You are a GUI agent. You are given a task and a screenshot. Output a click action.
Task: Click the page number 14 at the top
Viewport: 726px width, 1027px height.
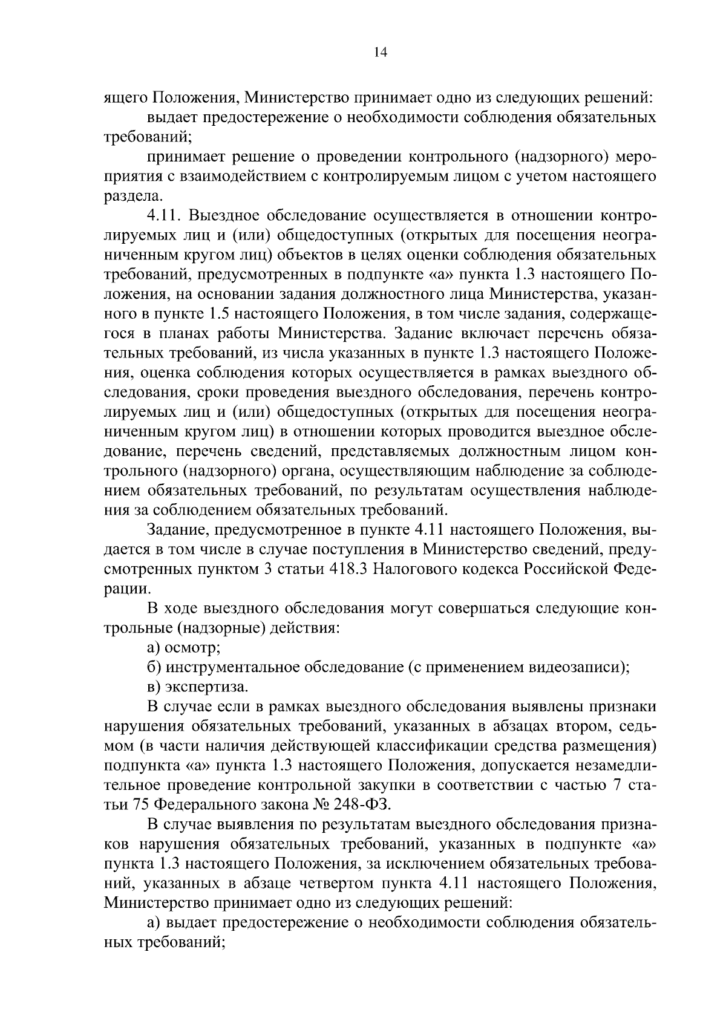[380, 52]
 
